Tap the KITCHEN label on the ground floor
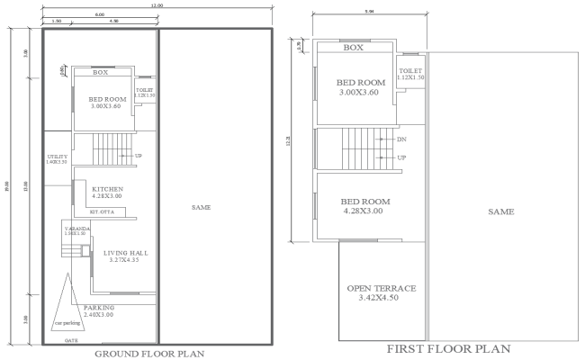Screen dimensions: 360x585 107,189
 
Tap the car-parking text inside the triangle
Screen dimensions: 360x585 66,321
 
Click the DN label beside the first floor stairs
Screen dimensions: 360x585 402,140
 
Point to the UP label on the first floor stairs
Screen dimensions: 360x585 402,157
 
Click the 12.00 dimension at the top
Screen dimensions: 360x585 157,5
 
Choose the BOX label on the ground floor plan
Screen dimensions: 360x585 100,72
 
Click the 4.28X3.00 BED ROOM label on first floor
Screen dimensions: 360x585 364,205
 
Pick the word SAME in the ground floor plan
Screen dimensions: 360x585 202,208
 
